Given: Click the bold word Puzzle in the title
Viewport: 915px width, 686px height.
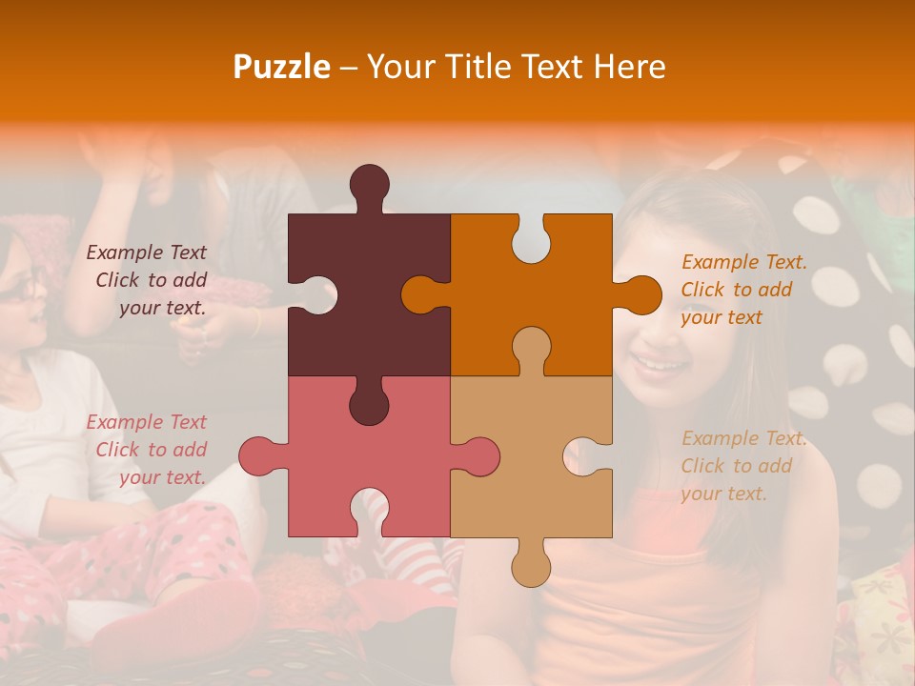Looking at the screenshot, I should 282,67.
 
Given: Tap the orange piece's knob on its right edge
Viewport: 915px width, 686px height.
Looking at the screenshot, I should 639,294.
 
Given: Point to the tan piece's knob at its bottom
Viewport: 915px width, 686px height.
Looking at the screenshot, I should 531,566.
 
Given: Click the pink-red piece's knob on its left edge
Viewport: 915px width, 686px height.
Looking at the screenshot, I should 258,456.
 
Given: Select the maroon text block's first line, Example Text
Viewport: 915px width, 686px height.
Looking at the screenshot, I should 146,252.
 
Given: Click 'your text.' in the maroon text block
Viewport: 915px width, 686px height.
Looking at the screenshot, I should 162,308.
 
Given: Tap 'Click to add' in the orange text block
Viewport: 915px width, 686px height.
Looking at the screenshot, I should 736,290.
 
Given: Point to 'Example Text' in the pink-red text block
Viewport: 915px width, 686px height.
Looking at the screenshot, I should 146,422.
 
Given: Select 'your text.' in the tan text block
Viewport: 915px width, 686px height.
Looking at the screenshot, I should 723,494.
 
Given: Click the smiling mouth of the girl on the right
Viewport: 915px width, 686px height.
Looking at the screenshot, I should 661,364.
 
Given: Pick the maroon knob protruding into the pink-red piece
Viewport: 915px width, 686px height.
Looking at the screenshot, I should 369,405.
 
